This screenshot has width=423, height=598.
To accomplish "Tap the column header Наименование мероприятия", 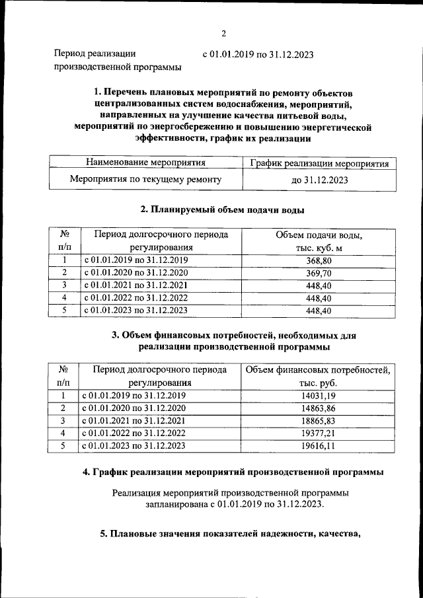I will (145, 163).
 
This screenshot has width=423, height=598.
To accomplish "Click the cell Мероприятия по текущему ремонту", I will (145, 179).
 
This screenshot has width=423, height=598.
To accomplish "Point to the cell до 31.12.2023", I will (319, 180).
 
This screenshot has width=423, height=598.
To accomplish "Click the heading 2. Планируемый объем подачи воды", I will (223, 210).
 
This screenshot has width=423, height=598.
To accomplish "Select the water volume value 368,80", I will (319, 261).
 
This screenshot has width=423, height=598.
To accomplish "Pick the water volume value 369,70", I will (319, 273).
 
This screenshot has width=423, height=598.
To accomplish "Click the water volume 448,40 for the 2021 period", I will (319, 285).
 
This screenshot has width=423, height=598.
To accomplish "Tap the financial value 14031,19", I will (319, 396).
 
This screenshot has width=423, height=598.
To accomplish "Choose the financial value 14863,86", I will (319, 408).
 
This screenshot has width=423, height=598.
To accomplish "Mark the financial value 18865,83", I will (319, 421).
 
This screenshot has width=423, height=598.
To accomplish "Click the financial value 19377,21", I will (319, 433).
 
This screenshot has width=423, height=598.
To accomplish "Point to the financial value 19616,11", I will (319, 446).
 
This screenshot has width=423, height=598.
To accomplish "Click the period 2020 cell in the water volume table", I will (135, 273).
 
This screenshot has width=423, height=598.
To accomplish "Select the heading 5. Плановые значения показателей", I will (229, 535).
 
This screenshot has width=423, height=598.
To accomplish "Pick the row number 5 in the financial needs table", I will (64, 446).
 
